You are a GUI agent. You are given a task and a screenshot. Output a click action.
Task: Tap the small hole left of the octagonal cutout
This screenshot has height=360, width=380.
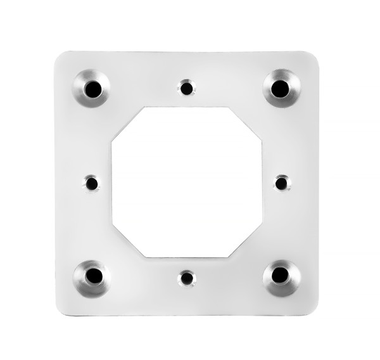point(92,183)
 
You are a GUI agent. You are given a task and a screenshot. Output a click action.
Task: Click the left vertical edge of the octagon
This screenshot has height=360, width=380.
point(111,183)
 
